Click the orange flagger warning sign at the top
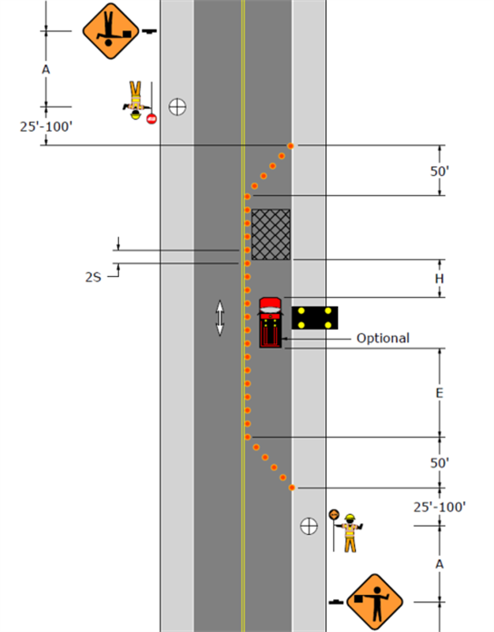[111, 31]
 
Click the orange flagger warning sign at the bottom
[375, 602]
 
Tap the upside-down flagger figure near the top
[136, 101]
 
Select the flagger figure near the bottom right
[351, 533]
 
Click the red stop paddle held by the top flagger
[152, 118]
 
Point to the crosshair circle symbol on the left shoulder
[177, 107]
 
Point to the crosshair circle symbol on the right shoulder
[309, 526]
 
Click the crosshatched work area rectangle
[271, 234]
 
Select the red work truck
[271, 322]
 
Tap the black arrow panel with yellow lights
[315, 318]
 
